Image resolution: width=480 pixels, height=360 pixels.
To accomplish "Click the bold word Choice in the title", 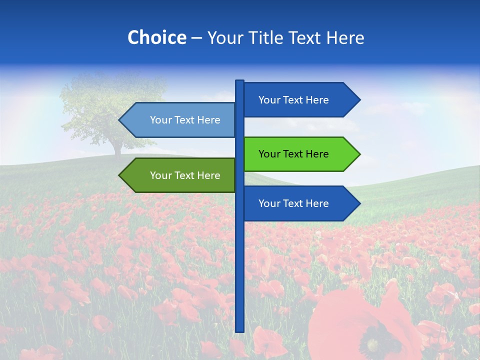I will (x=156, y=37).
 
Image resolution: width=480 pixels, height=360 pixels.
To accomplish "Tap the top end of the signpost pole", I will (x=239, y=81).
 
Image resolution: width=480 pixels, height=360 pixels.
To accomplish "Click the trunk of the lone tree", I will (x=117, y=149).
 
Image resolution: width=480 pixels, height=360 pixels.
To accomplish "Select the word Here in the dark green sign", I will (x=208, y=175).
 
